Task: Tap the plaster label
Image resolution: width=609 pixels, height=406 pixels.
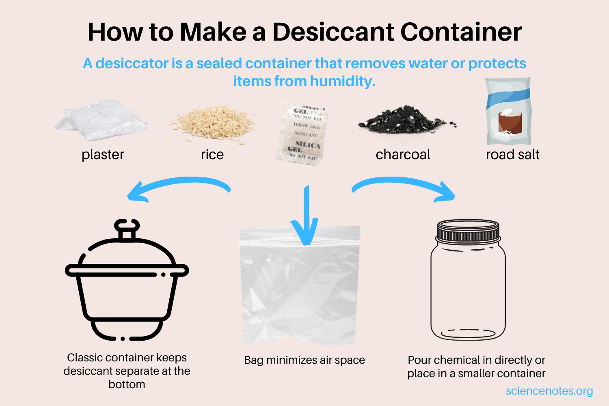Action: [x=103, y=154]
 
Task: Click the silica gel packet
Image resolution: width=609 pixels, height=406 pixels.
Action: [x=302, y=134]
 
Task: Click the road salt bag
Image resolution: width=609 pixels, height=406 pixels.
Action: [x=509, y=112]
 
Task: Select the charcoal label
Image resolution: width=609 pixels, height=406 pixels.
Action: [x=403, y=154]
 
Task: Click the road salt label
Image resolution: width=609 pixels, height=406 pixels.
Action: [x=512, y=154]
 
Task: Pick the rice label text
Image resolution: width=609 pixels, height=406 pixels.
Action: [x=212, y=154]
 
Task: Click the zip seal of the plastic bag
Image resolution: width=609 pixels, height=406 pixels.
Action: [x=300, y=234]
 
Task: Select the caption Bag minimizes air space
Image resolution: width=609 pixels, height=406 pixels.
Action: [x=304, y=360]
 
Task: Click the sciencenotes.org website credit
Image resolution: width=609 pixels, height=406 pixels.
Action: [x=549, y=391]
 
